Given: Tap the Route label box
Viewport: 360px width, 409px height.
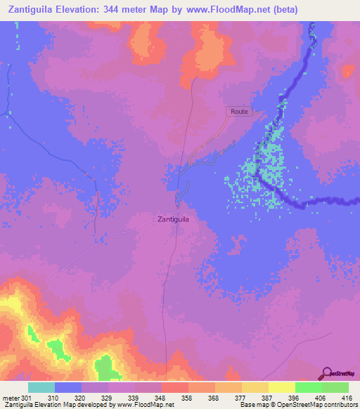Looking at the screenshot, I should tap(238, 112).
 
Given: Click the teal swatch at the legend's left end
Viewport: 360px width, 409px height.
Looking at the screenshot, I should tap(41, 388).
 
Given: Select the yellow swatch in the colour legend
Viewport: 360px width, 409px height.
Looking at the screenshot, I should tap(281, 388).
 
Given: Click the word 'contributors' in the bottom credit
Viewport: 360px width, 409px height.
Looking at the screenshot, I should tap(339, 405).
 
